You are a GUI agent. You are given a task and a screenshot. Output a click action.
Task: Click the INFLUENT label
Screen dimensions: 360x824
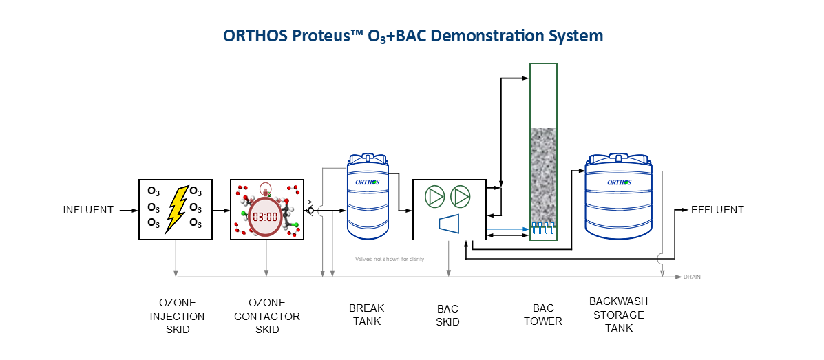coord(88,210)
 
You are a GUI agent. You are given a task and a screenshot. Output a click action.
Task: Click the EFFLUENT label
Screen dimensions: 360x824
coord(717,210)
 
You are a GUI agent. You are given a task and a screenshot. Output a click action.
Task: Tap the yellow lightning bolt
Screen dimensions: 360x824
coord(176,209)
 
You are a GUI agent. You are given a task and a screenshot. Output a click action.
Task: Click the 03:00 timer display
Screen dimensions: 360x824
coord(265,216)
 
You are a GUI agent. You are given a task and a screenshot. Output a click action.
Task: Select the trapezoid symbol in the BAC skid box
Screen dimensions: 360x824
coord(448,223)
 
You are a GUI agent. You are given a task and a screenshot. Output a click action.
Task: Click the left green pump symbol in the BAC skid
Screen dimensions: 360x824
coord(435,197)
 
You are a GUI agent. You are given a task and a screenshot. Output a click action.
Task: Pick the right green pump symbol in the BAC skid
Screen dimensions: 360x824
coord(461,197)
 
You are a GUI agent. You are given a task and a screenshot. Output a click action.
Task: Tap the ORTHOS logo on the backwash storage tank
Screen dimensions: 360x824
coord(619,182)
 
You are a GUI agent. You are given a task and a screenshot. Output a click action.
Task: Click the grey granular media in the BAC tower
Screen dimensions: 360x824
coord(543,176)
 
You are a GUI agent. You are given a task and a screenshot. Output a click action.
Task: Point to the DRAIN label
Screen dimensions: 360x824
coord(692,277)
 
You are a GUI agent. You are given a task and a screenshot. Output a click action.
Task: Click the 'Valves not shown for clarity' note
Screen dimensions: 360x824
coord(389,259)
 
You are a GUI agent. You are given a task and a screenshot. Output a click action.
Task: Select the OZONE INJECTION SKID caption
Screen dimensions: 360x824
coord(178,316)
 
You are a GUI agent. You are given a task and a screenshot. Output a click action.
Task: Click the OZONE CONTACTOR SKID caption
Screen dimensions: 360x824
coord(267,316)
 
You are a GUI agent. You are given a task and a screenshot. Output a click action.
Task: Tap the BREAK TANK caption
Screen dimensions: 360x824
coord(366,315)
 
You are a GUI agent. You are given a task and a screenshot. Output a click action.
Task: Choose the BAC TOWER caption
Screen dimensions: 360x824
coord(543,315)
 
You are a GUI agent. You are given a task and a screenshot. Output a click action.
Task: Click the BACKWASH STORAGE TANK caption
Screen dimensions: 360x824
coord(618,315)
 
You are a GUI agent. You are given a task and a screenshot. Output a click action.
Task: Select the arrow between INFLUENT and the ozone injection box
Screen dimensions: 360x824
coord(128,210)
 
